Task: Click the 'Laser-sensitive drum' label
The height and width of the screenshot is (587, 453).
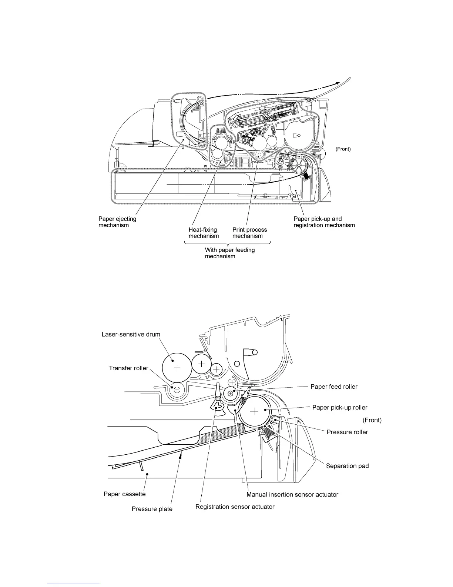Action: (x=131, y=334)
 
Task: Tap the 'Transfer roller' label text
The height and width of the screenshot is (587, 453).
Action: (x=128, y=368)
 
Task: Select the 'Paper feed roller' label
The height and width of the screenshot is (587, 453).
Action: (x=334, y=387)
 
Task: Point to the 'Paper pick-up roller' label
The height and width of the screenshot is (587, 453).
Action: (x=340, y=407)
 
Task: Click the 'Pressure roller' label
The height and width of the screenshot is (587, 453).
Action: (x=347, y=432)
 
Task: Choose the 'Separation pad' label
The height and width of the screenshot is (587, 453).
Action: (x=347, y=466)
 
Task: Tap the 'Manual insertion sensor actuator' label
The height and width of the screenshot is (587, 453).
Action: (x=292, y=494)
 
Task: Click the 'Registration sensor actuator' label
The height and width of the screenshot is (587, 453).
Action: (x=235, y=507)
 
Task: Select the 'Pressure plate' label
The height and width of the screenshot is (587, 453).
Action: (x=152, y=509)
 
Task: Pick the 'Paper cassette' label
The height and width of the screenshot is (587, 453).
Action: (x=124, y=494)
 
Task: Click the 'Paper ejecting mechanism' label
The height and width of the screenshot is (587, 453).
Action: (x=117, y=222)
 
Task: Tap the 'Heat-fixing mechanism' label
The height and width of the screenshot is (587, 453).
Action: (x=204, y=233)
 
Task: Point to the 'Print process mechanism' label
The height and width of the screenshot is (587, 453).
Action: (x=249, y=233)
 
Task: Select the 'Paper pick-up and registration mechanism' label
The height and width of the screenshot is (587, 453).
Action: (x=324, y=222)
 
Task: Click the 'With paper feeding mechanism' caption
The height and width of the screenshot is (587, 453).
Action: (x=230, y=253)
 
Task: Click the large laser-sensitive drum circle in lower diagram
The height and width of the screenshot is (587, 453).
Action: (x=177, y=368)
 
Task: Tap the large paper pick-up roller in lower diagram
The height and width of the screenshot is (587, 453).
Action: (x=255, y=412)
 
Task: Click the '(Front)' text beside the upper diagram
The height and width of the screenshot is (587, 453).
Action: (x=343, y=149)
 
